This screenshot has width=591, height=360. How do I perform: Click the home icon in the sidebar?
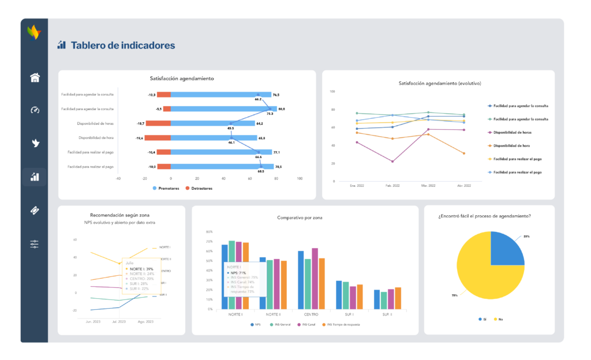coord(35,78)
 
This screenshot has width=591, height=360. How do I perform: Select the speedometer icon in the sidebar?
coord(35,110)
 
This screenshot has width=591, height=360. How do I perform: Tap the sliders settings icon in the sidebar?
coord(35,244)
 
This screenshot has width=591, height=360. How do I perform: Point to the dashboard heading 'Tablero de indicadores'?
coord(122,45)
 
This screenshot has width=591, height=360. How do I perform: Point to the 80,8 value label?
coord(282,108)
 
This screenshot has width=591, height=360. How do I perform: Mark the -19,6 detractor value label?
coord(139,138)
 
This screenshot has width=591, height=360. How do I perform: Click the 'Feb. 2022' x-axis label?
coord(393,186)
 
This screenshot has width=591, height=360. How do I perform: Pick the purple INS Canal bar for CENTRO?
coord(315,279)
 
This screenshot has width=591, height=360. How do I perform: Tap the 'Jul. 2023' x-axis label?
coord(119,321)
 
